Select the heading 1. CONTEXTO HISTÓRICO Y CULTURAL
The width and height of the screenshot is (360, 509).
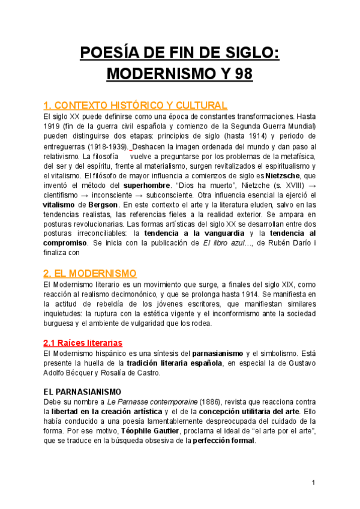tap(136, 105)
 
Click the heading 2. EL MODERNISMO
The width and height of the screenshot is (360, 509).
tap(91, 273)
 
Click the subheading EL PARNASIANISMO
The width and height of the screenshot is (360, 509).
tap(83, 391)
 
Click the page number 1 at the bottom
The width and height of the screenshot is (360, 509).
tap(313, 483)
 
